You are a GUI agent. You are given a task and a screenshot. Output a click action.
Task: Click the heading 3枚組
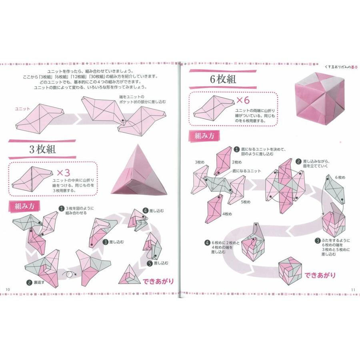tap(42, 150)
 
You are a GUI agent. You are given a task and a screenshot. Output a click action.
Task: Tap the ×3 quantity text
tap(63, 173)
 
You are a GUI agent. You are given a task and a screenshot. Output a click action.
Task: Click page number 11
tap(353, 289)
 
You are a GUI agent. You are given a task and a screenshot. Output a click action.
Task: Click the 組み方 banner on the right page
tap(204, 135)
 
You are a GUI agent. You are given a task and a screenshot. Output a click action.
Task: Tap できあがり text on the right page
tap(320, 275)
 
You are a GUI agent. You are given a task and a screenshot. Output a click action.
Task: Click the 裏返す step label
tap(38, 282)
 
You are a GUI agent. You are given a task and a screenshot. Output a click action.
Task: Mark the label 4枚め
tap(227, 214)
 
